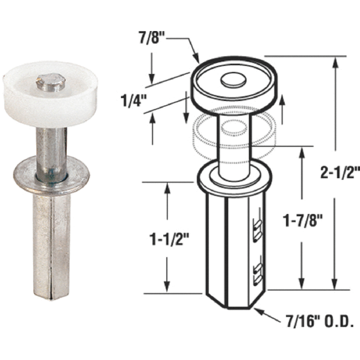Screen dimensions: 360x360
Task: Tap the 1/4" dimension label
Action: [133, 101]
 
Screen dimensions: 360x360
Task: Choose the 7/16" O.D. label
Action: [317, 321]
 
